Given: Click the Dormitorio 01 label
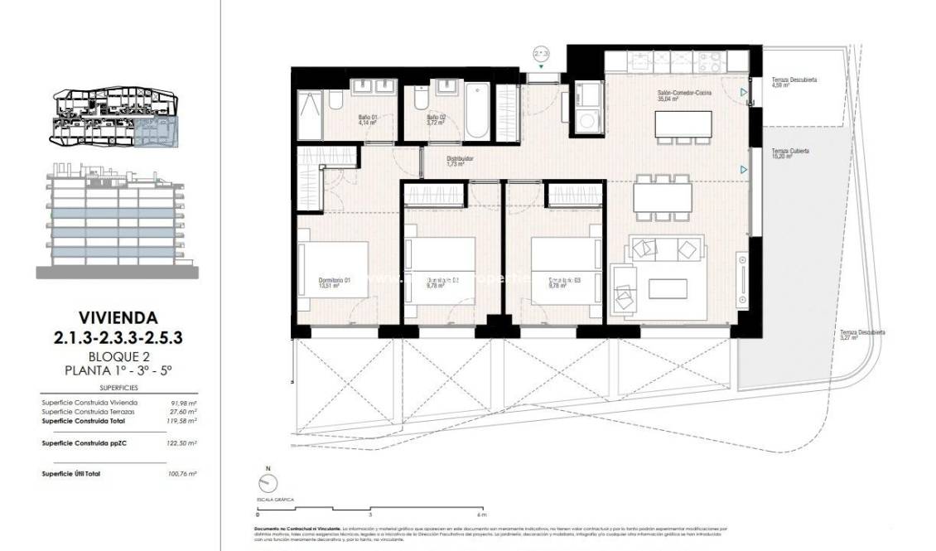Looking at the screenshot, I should [335, 283].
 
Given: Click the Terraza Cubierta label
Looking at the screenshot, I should [789, 153].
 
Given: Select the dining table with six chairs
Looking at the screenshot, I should [662, 197].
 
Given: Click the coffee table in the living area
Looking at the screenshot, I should [668, 288].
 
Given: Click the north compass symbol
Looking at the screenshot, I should [268, 483].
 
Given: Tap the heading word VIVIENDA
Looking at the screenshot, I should [118, 317].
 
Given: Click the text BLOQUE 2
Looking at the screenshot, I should [118, 357].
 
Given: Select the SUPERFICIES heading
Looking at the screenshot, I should [118, 387].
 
